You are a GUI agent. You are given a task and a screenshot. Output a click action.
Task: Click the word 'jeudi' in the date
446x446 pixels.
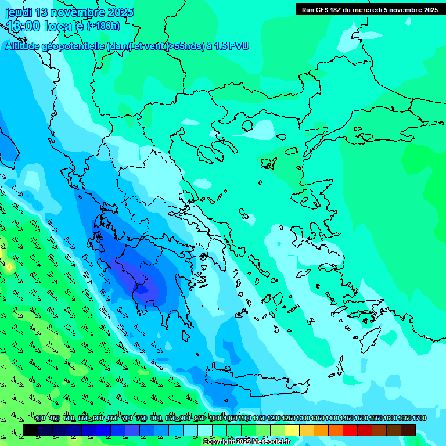[19, 13]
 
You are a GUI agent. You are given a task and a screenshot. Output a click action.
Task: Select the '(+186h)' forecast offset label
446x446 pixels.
[103, 26]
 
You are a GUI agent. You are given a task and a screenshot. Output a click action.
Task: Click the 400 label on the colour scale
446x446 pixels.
[40, 419]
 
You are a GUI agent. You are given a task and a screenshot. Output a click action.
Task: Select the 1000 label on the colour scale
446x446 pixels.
[216, 419]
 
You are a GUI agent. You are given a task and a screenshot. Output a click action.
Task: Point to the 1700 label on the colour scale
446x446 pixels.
[419, 419]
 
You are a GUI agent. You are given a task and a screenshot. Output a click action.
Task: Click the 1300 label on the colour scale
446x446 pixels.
[303, 419]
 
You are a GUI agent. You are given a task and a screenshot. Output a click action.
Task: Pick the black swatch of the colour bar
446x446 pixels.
[31, 430]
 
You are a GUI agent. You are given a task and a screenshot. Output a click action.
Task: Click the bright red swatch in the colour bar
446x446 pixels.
[350, 430]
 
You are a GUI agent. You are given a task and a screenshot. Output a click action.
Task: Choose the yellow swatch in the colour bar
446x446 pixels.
[292, 430]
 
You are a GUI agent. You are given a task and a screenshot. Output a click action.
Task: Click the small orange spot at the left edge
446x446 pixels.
[9, 267]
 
